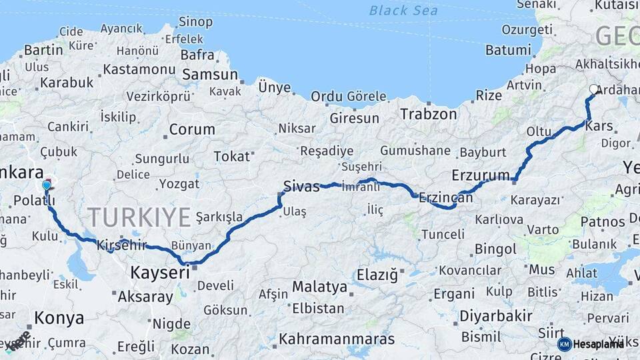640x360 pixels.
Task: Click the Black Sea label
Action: point(403,10)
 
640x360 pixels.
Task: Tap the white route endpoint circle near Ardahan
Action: point(594,89)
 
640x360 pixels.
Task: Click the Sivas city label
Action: point(301,186)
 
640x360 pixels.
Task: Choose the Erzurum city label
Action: point(480,175)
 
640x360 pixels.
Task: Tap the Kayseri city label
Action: point(159,272)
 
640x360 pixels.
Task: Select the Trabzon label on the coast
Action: point(429,114)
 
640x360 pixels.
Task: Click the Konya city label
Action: point(59,317)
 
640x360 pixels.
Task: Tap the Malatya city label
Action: point(319,287)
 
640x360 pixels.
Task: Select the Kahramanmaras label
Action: point(337,339)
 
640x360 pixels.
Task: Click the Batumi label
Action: point(508,50)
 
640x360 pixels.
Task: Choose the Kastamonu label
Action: point(139,69)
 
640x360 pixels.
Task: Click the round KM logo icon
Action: point(564,344)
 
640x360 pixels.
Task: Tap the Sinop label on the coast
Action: point(195,22)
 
